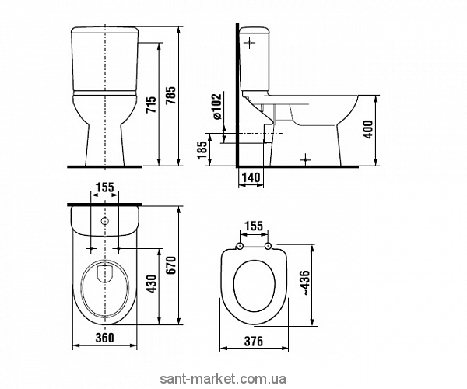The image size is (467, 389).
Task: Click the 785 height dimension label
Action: click(171, 96)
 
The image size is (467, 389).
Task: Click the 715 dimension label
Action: click(152, 104)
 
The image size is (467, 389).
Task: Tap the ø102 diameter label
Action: click(217, 107)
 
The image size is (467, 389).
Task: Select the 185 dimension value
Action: click(202, 149)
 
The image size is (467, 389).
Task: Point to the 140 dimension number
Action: click(251, 177)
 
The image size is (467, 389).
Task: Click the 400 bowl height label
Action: click(368, 129)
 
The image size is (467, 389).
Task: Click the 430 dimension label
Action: click(152, 284)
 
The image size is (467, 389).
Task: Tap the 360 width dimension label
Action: click(104, 338)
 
